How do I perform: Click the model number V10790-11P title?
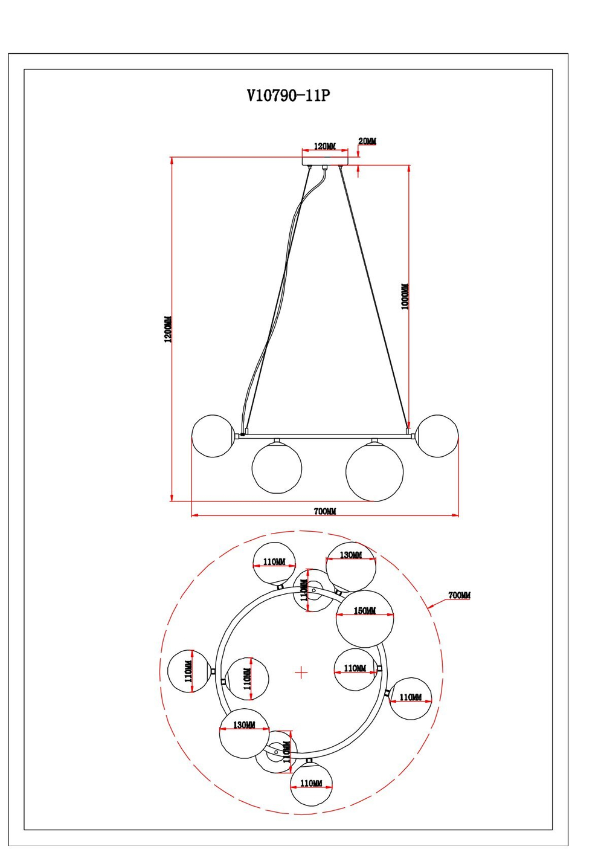(x=289, y=95)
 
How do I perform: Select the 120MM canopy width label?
(x=324, y=146)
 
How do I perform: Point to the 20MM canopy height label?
(x=367, y=141)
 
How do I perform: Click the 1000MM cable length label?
(x=405, y=297)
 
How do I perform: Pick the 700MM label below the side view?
(x=325, y=511)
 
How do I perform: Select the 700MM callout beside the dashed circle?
(x=459, y=595)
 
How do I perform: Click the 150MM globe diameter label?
(x=365, y=611)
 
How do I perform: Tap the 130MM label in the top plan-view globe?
(x=351, y=555)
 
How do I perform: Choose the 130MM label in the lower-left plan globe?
(x=244, y=724)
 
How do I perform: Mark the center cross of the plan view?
(x=301, y=672)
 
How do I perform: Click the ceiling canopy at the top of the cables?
(x=325, y=161)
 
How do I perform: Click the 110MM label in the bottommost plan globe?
(x=311, y=783)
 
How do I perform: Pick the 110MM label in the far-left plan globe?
(x=188, y=671)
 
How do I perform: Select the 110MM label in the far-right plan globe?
(x=411, y=697)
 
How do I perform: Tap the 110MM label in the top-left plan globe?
(x=274, y=562)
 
